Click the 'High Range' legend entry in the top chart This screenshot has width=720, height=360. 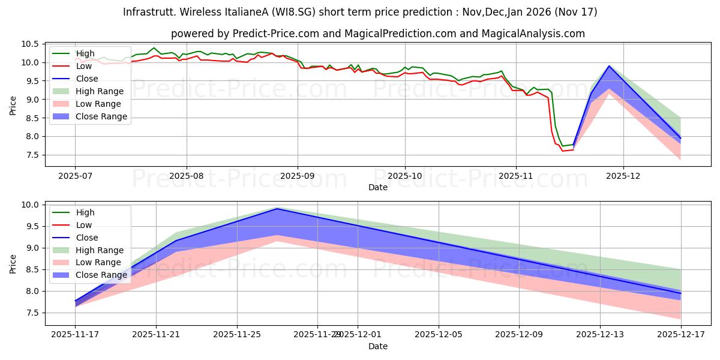(x=100, y=91)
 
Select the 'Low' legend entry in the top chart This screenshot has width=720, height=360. (x=84, y=66)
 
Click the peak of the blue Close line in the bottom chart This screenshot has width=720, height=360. (x=277, y=209)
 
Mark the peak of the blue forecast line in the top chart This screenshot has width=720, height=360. (x=609, y=66)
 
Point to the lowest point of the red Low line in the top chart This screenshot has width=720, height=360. (x=562, y=151)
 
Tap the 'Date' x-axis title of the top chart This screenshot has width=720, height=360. (x=378, y=187)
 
